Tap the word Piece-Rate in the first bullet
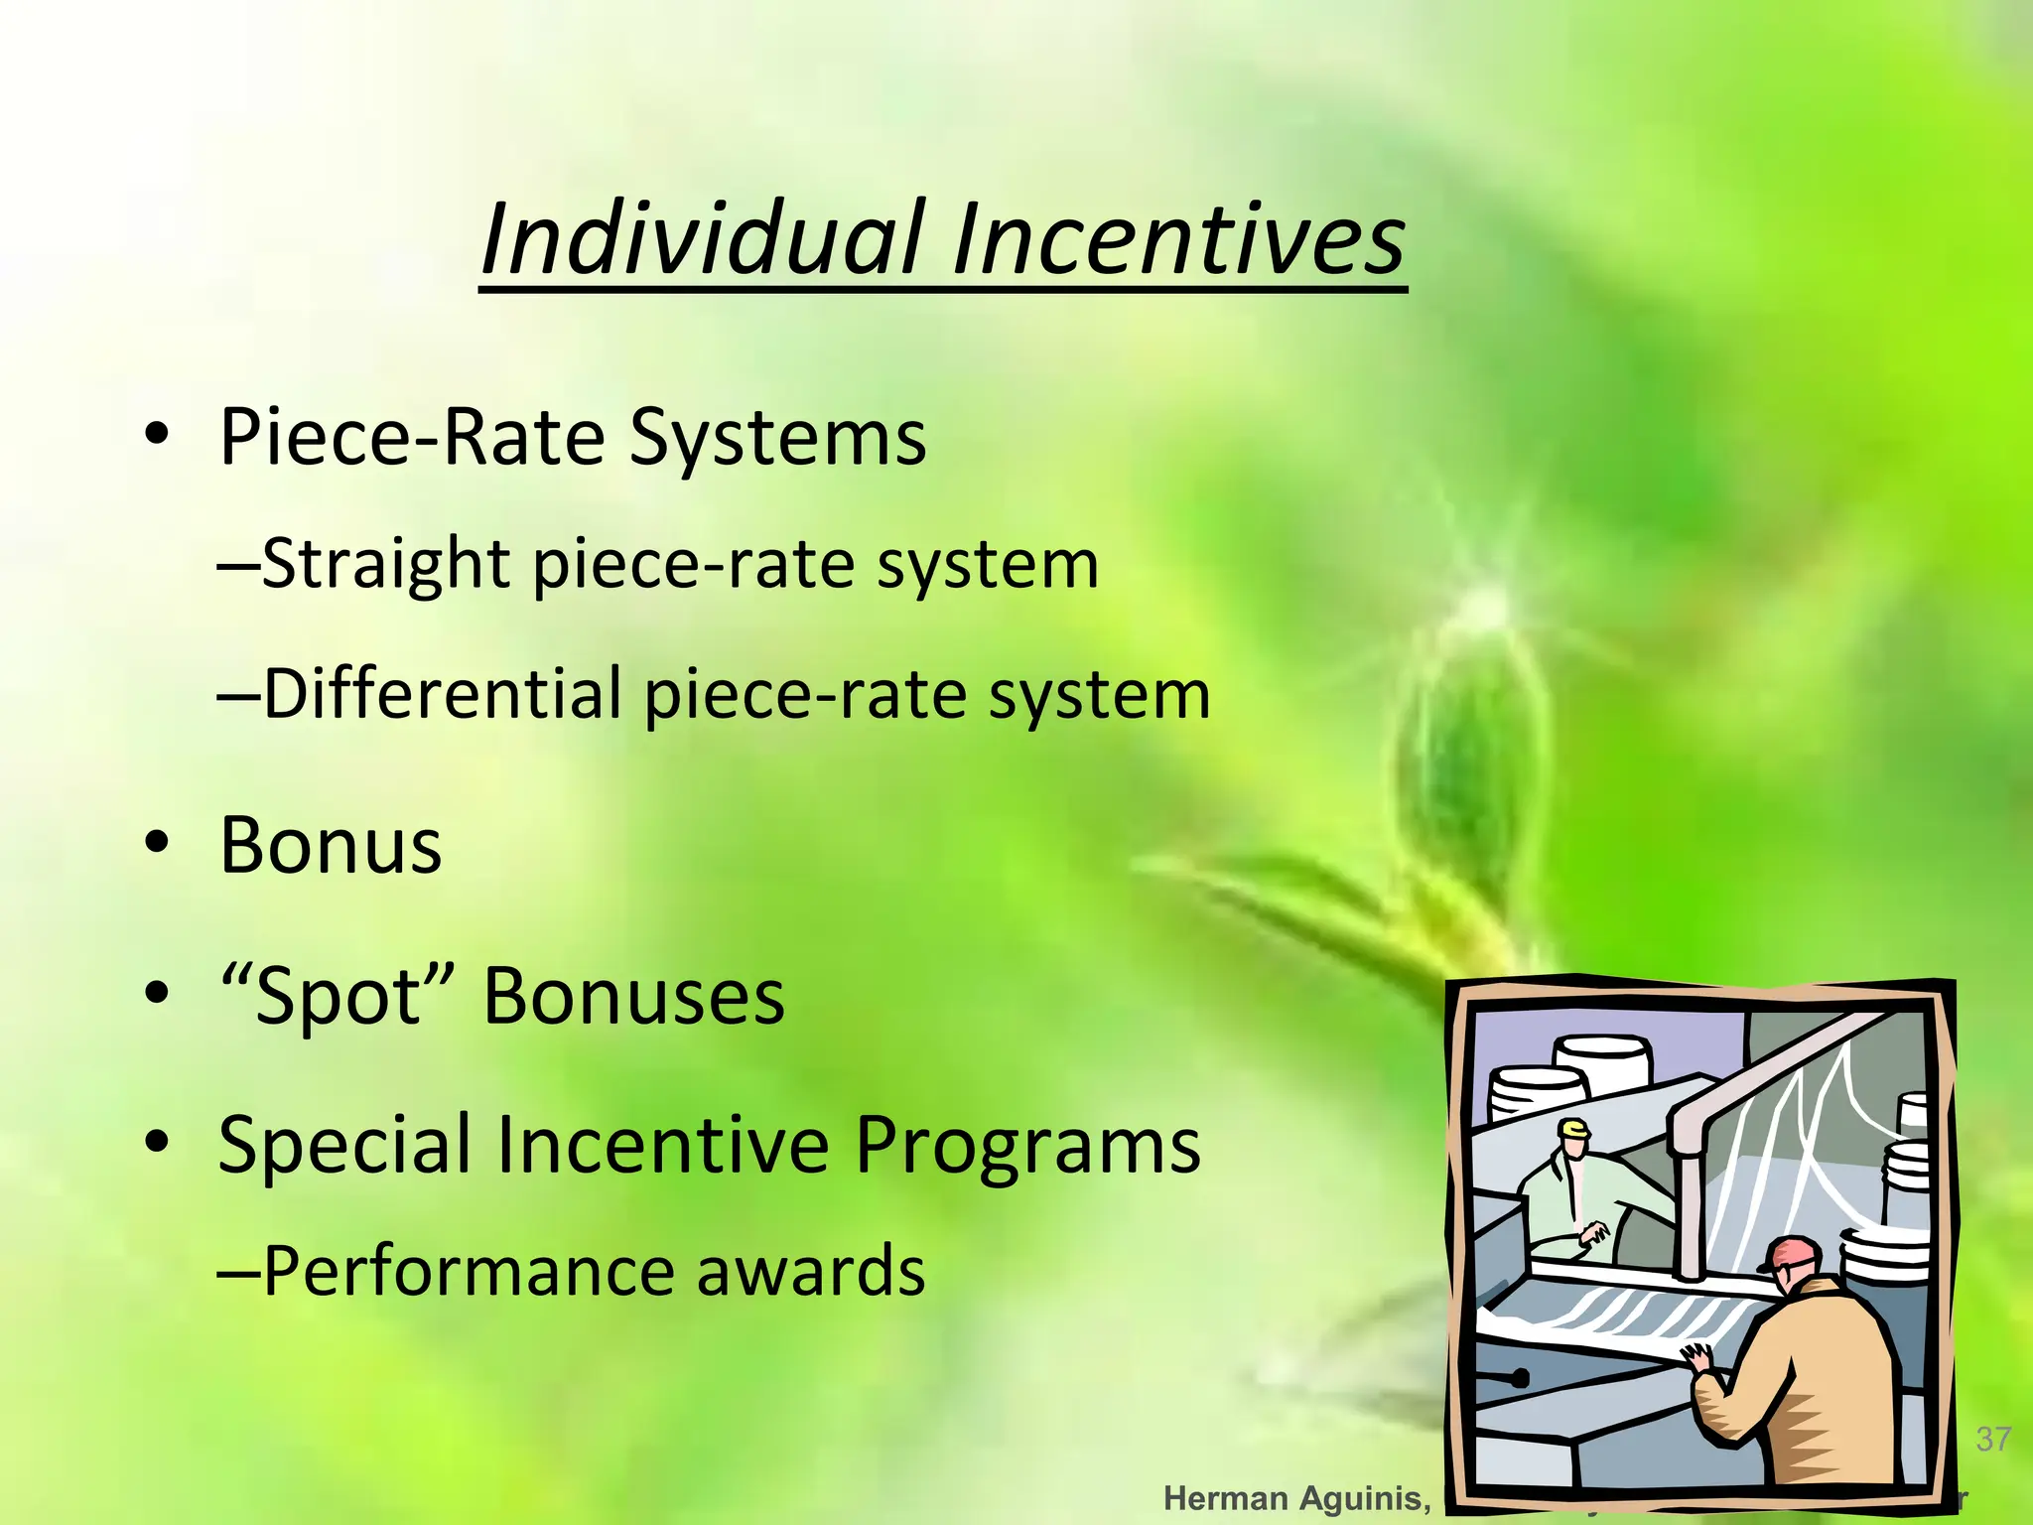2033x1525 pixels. tap(411, 437)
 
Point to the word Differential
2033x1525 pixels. tap(443, 695)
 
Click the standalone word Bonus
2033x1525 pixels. tap(331, 846)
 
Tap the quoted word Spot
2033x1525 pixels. tap(338, 997)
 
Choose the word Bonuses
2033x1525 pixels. tap(633, 997)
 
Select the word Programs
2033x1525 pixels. tap(1027, 1146)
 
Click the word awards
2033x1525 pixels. tap(810, 1271)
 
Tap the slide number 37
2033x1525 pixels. tap(1993, 1439)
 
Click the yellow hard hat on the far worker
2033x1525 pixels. tap(1574, 1128)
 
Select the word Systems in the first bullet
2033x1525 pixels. tap(777, 437)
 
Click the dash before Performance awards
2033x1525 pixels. tap(238, 1273)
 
